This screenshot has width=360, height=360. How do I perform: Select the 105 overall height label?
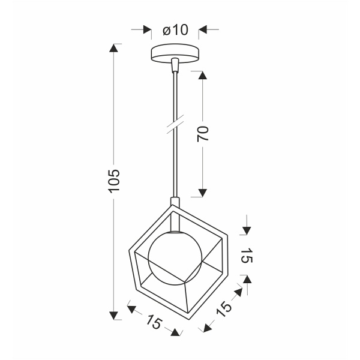tap(114, 181)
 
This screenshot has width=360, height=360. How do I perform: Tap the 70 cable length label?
tap(203, 134)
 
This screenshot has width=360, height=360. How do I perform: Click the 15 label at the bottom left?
tap(154, 322)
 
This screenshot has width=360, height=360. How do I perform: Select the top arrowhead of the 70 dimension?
tap(203, 76)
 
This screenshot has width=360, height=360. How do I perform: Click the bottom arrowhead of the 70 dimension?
tap(203, 192)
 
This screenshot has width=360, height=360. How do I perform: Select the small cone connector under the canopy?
tap(174, 64)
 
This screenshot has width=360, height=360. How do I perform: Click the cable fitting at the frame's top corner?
tap(174, 204)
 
